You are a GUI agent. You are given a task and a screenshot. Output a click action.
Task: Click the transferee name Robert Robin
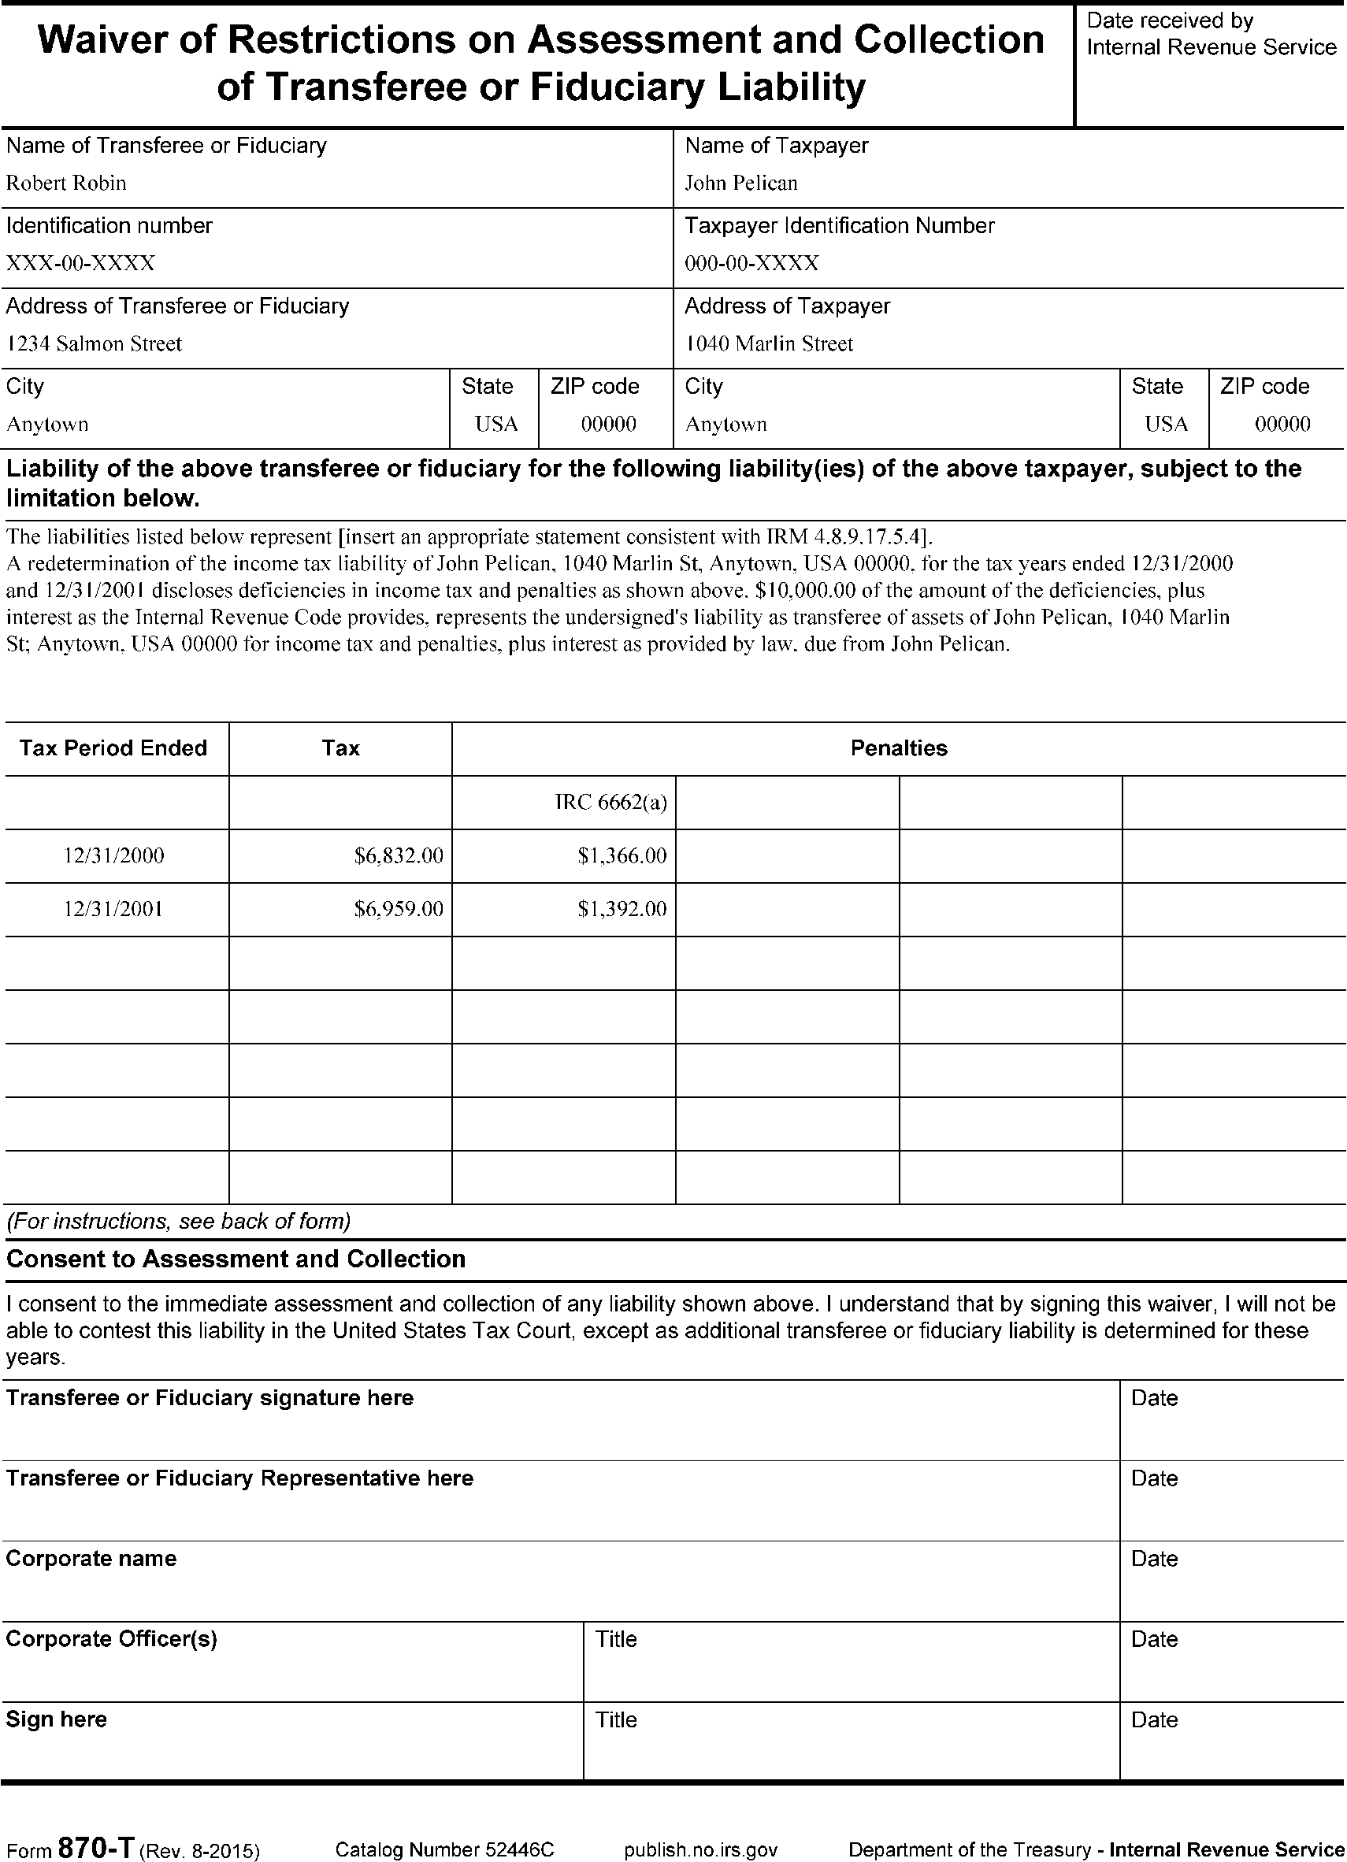(x=66, y=183)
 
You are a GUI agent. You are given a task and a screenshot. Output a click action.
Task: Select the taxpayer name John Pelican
(x=740, y=183)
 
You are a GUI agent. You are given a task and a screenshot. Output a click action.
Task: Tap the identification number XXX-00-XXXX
(x=80, y=264)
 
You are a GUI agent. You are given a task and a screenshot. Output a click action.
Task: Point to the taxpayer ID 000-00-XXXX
(x=751, y=264)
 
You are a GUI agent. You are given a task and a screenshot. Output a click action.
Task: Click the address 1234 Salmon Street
(x=94, y=344)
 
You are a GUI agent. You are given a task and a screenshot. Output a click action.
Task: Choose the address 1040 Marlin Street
(x=768, y=344)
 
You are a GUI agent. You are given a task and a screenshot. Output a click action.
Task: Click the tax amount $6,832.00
(x=398, y=856)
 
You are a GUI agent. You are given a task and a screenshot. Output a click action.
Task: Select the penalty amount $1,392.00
(x=622, y=909)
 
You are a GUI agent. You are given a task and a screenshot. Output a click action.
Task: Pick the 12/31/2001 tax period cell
(x=113, y=909)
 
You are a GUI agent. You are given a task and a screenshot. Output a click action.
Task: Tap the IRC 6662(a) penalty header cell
(x=610, y=802)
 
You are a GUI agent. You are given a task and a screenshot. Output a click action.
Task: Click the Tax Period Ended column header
(x=113, y=748)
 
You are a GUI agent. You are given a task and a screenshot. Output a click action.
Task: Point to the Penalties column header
(x=898, y=748)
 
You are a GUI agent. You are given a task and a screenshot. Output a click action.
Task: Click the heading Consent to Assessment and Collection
(x=236, y=1259)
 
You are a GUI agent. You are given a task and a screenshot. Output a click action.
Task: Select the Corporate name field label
(x=91, y=1558)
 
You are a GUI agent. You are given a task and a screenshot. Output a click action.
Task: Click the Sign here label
(x=57, y=1719)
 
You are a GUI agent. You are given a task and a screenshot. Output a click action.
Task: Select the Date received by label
(x=1170, y=20)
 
